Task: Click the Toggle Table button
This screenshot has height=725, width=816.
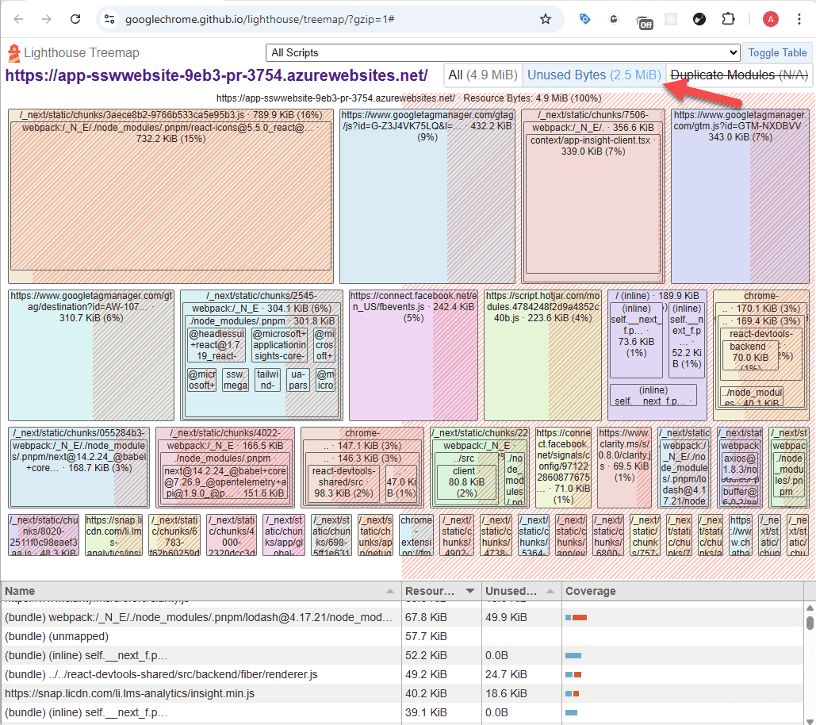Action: (x=777, y=52)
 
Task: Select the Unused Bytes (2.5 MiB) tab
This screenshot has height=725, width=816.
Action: (x=593, y=75)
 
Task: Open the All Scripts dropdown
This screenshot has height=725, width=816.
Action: (x=503, y=52)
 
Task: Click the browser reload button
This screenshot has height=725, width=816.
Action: (x=75, y=19)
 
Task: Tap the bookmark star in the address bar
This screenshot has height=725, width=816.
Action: (x=546, y=19)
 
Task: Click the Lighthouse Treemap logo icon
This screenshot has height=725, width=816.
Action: (x=13, y=53)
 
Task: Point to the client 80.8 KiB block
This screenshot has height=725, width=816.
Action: (x=464, y=482)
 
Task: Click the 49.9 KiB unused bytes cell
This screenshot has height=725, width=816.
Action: (x=507, y=617)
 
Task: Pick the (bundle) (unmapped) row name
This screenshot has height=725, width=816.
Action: (x=56, y=636)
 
